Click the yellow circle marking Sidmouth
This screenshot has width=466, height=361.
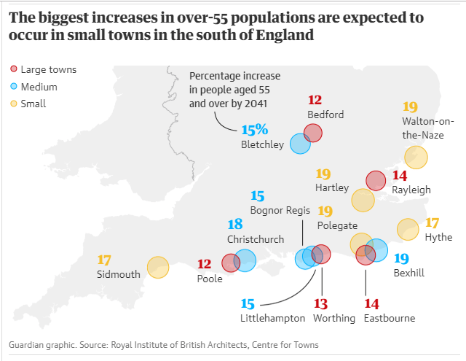coord(158,268)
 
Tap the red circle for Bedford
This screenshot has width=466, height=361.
coord(313,133)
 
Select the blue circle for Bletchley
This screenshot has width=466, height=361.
coord(300,144)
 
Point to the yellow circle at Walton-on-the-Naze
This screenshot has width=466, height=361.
coord(416,157)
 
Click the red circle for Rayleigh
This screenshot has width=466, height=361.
coord(375,180)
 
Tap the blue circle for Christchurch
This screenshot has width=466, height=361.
coord(245,260)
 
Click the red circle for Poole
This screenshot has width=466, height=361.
coord(231,263)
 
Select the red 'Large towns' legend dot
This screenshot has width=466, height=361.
coord(13,70)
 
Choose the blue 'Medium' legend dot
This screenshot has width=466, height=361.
coord(13,87)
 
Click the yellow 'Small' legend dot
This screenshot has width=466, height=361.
coord(13,104)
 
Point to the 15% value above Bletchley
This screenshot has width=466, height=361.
coord(255,130)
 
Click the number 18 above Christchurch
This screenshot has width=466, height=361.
coord(235,225)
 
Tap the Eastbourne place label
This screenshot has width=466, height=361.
coord(390,318)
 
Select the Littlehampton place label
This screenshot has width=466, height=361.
coord(272,318)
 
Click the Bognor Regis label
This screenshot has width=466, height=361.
coord(280,211)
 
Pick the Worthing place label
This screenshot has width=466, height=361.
coord(333,318)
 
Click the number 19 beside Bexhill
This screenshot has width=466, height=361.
coord(401,258)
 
